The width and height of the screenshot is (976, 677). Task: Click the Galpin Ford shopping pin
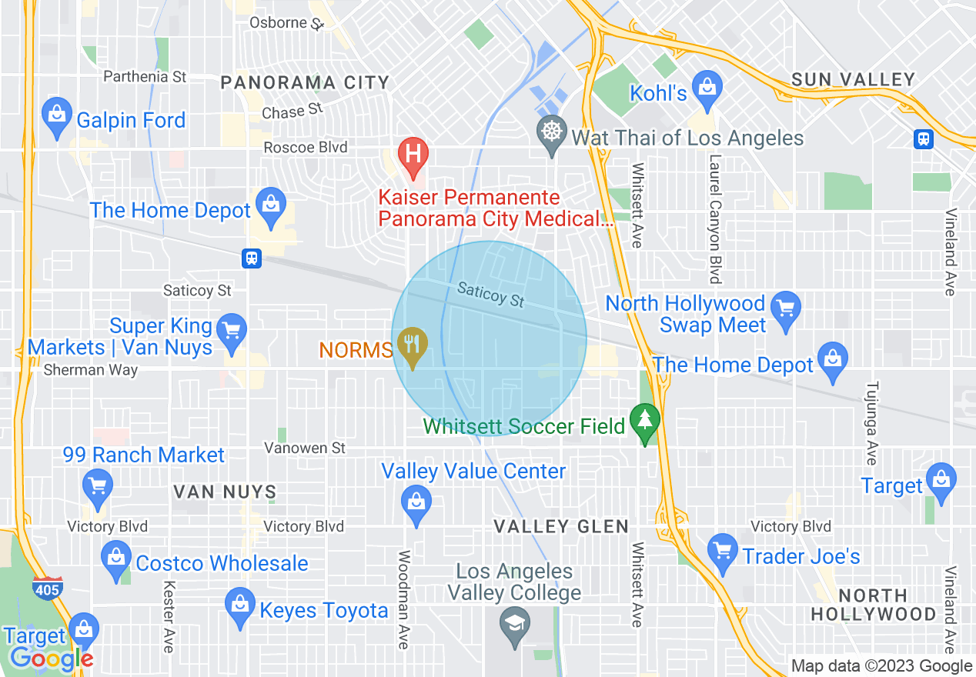[x=56, y=116]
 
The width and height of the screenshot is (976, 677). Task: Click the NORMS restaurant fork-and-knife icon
[x=413, y=344]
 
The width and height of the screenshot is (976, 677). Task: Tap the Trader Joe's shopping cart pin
[x=721, y=551]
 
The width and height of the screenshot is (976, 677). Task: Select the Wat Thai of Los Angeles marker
[x=552, y=133]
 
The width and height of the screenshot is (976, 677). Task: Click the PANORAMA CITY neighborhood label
[x=305, y=83]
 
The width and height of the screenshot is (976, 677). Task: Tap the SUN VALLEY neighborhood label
[x=853, y=79]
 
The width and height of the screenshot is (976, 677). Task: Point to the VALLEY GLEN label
[x=561, y=527]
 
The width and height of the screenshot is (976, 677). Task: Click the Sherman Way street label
[x=90, y=370]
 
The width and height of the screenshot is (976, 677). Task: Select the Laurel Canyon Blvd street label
[x=715, y=219]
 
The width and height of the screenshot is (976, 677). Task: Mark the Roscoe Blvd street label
[x=306, y=147]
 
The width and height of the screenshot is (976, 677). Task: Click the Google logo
[x=51, y=659]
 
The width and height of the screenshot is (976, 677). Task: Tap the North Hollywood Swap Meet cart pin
[x=785, y=309]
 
